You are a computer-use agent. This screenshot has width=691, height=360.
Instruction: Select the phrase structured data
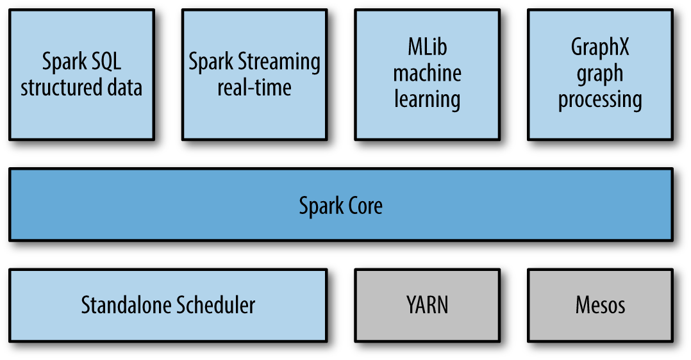pos(81,87)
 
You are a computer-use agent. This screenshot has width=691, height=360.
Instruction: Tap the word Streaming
pos(279,62)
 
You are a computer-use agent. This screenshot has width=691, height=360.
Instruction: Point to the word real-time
pos(254,87)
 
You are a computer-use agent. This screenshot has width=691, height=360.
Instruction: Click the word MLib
pos(427,47)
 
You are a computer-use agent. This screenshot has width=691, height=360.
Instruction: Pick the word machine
pos(427,73)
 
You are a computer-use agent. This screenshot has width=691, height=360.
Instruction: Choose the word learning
pos(427,99)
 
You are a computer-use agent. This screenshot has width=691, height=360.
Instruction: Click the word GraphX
pos(600,47)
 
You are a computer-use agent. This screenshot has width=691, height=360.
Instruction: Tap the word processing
pos(600,100)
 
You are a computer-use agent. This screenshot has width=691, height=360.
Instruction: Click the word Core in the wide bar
pos(363,206)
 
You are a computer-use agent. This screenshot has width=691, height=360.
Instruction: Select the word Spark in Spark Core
pos(320,206)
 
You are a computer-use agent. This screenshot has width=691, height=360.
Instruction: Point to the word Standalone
pos(126,305)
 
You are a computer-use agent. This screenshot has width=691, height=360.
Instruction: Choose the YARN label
pos(427,305)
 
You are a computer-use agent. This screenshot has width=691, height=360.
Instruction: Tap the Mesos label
pos(600,305)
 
